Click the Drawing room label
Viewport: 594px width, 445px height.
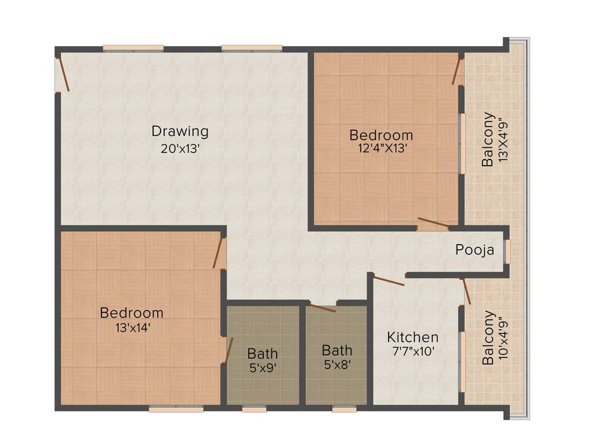pos(180,131)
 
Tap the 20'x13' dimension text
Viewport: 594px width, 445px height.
pos(180,148)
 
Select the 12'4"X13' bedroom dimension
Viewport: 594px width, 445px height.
pos(382,148)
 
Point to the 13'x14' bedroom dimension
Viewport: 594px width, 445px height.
pos(132,327)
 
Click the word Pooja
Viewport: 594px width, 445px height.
pos(475,250)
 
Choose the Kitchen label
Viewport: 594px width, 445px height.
pos(412,337)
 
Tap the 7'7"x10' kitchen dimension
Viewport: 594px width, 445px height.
pos(411,351)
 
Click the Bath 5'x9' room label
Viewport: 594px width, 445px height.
pos(262,353)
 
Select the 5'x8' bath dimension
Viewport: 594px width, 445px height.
pos(336,365)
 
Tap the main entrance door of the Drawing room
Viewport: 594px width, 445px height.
pos(63,74)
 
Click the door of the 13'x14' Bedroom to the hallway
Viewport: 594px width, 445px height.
pos(219,253)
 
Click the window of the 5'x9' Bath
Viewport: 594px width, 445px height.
pos(254,408)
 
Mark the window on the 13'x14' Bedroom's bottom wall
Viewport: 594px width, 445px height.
pos(176,408)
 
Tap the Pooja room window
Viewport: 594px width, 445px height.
pos(507,251)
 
